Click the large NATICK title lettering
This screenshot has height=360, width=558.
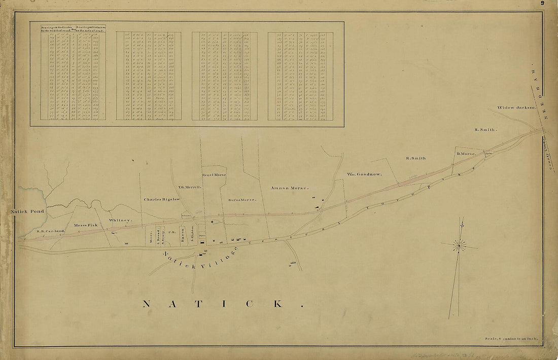[x=223, y=304]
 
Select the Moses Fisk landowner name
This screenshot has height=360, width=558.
[x=85, y=225]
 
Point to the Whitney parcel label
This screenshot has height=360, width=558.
[x=120, y=221]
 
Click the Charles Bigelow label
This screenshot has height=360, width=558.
[x=162, y=199]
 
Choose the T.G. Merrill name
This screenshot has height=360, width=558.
[x=190, y=187]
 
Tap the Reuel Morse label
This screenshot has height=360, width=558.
[x=214, y=175]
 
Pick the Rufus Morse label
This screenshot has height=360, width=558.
[x=242, y=199]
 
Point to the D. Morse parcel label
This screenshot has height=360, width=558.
[x=465, y=153]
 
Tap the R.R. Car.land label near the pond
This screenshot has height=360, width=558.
[x=51, y=231]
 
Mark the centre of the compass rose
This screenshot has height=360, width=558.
[x=460, y=245]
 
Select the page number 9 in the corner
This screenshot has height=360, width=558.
[x=542, y=3]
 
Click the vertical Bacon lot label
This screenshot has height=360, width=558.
[x=182, y=237]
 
